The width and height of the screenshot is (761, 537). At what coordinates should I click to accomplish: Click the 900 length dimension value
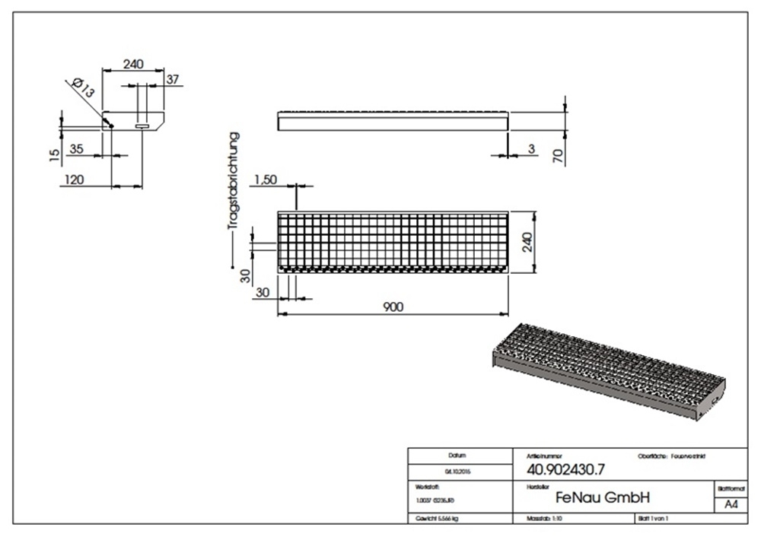coord(393,307)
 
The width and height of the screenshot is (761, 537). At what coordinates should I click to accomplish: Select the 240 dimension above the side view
coord(133,65)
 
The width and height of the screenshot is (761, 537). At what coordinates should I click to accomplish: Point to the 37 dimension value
coord(172,78)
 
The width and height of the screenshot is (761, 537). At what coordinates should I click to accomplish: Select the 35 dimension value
coord(76,149)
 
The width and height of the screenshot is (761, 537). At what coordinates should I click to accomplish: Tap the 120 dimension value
coord(74,180)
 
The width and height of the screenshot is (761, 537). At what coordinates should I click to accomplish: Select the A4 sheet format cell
coord(730,505)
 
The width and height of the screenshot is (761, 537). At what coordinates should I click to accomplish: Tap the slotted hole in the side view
coord(142,126)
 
